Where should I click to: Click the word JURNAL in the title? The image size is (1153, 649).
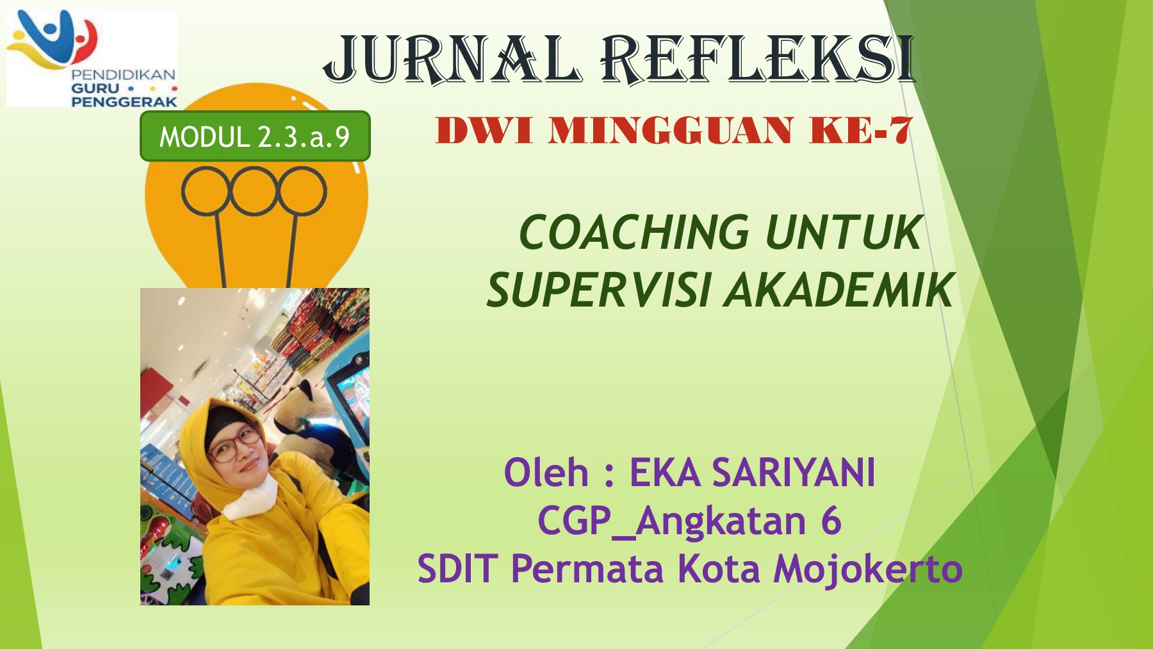click(x=452, y=59)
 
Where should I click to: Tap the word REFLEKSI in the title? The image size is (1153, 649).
click(x=758, y=59)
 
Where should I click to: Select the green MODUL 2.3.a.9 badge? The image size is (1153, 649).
click(x=255, y=136)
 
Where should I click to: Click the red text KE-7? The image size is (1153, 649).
click(x=860, y=130)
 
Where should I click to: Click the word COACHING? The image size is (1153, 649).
click(x=634, y=232)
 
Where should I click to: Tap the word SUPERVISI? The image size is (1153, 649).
click(x=598, y=290)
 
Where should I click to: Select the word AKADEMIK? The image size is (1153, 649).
click(x=839, y=290)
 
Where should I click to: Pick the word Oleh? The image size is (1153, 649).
click(x=546, y=473)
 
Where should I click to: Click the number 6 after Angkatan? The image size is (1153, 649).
click(x=830, y=520)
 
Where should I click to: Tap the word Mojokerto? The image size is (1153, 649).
click(x=868, y=569)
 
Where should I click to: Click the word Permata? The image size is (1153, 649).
click(x=587, y=569)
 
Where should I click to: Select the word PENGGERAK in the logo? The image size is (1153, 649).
click(x=124, y=101)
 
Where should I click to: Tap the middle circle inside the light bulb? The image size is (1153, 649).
click(x=253, y=191)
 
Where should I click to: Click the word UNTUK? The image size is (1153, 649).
click(x=844, y=232)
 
